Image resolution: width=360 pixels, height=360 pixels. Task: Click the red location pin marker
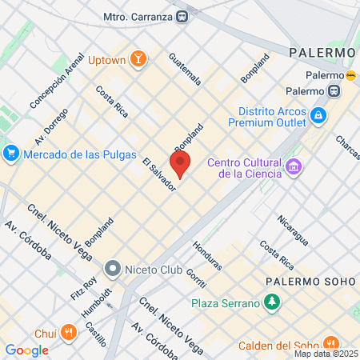(x=180, y=162)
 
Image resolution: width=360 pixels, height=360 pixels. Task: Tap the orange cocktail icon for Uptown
(x=138, y=60)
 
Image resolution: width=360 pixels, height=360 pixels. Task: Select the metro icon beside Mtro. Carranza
(x=184, y=15)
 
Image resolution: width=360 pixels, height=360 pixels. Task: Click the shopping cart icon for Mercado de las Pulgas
(x=10, y=153)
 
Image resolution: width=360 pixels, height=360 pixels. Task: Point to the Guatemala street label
(x=185, y=70)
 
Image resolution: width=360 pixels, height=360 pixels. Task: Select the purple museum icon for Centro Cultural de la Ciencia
(x=294, y=167)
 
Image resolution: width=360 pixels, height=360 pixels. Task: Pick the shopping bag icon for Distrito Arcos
(x=318, y=115)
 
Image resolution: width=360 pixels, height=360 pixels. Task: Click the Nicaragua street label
(x=293, y=229)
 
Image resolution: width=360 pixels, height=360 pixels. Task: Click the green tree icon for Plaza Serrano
(x=273, y=302)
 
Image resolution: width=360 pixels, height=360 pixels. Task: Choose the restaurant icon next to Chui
(x=70, y=332)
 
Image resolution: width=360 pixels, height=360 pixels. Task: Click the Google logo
(x=27, y=350)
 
